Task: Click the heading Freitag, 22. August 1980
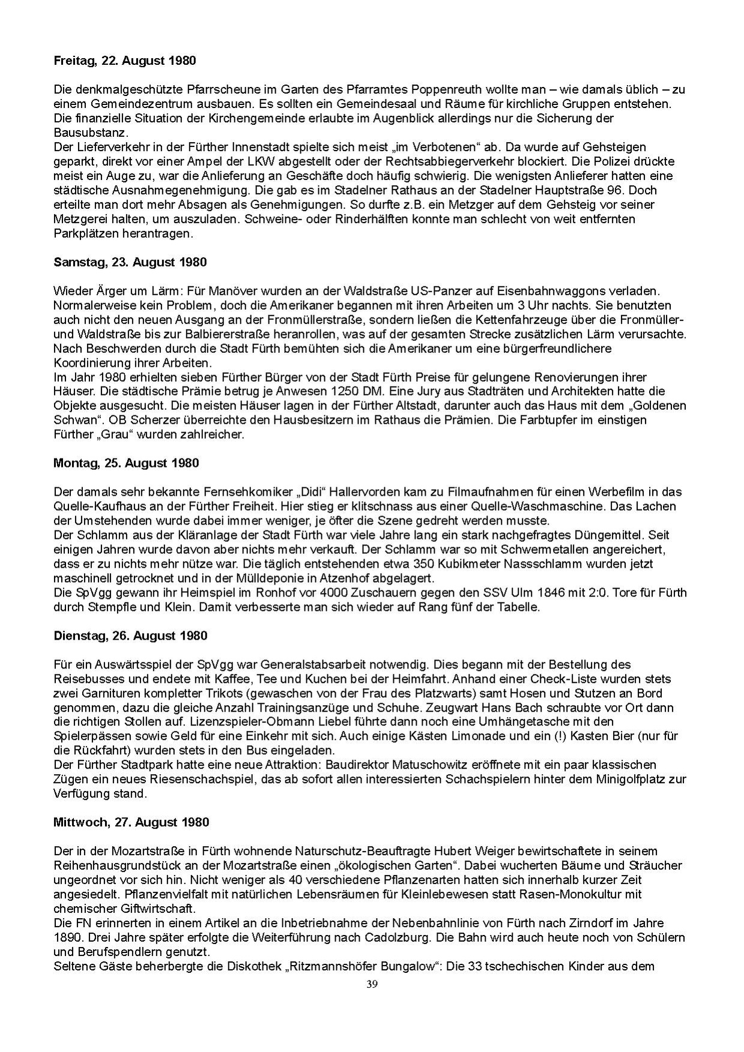click(x=124, y=61)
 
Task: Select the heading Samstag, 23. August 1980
click(x=130, y=262)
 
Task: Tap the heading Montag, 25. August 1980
click(x=126, y=463)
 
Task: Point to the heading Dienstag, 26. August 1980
click(x=129, y=636)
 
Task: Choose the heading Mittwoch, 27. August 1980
click(x=131, y=822)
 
